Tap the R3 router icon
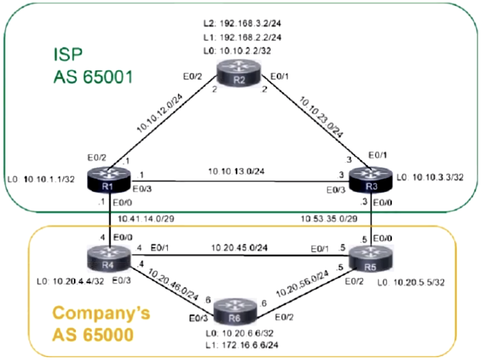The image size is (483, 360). click(370, 180)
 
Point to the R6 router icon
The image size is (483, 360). click(236, 316)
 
